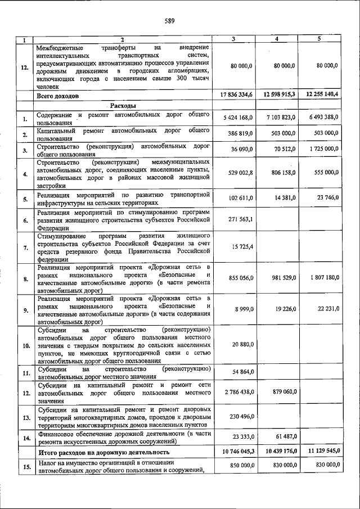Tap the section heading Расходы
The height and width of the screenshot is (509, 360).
[x=123, y=105]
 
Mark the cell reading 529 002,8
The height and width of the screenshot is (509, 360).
[x=239, y=173]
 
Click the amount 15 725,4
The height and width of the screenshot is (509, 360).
[x=242, y=247]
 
